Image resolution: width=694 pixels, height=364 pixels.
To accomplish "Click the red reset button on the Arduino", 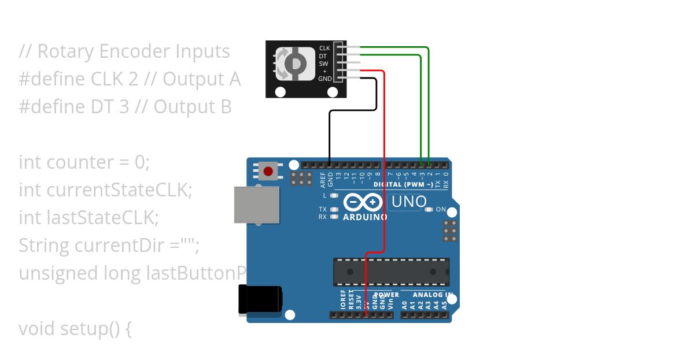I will coord(268,171).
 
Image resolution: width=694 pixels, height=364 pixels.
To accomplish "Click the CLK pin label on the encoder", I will coord(324,49).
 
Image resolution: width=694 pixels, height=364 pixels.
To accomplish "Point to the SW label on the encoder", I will coord(323,64).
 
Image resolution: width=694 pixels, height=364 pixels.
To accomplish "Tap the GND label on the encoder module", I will coord(325,79).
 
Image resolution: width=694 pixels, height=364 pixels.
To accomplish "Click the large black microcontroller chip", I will coord(391,272).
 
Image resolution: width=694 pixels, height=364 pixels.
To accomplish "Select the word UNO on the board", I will coord(409,202).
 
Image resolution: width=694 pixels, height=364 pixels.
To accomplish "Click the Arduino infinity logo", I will coord(364,203).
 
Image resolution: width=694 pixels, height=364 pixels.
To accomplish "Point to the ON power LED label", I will coord(441,209).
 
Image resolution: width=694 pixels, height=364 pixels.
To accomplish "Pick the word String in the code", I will coord(44,246).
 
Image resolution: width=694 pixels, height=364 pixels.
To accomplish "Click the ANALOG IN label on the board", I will coord(429,295).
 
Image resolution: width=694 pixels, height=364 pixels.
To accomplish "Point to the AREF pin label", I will coord(323,180).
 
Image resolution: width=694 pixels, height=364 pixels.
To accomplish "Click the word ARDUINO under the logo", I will coord(365,217).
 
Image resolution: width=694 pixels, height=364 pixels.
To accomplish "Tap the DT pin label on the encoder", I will coord(323,56).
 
